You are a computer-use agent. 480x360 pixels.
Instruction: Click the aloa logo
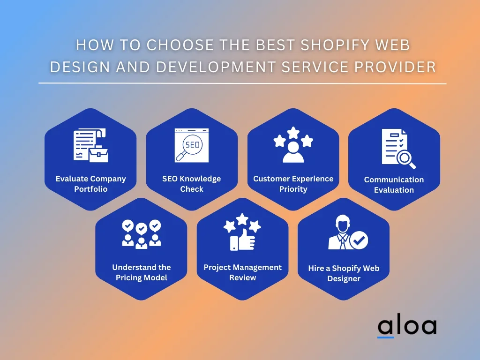coord(407,328)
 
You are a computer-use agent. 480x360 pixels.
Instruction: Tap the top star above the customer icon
coord(293,133)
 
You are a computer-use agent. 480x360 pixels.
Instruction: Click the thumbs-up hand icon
coord(242,240)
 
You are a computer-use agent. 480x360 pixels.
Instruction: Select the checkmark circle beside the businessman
coord(359,240)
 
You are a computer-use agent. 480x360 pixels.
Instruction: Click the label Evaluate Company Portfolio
coord(90,184)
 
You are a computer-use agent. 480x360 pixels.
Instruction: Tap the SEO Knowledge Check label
coord(192,184)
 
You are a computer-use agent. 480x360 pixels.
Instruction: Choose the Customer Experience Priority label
coord(293,184)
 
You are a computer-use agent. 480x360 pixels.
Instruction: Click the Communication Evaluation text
coord(394,185)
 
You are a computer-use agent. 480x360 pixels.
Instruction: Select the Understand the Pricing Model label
coord(142,272)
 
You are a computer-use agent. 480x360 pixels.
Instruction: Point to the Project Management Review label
coord(242,272)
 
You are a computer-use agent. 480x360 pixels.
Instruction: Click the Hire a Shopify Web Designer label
coord(344,273)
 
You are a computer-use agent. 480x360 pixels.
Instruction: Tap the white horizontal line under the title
coord(242,83)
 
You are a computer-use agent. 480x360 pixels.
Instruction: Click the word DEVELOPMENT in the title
coord(216,67)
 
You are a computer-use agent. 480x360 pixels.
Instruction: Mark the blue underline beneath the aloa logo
coord(386,337)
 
